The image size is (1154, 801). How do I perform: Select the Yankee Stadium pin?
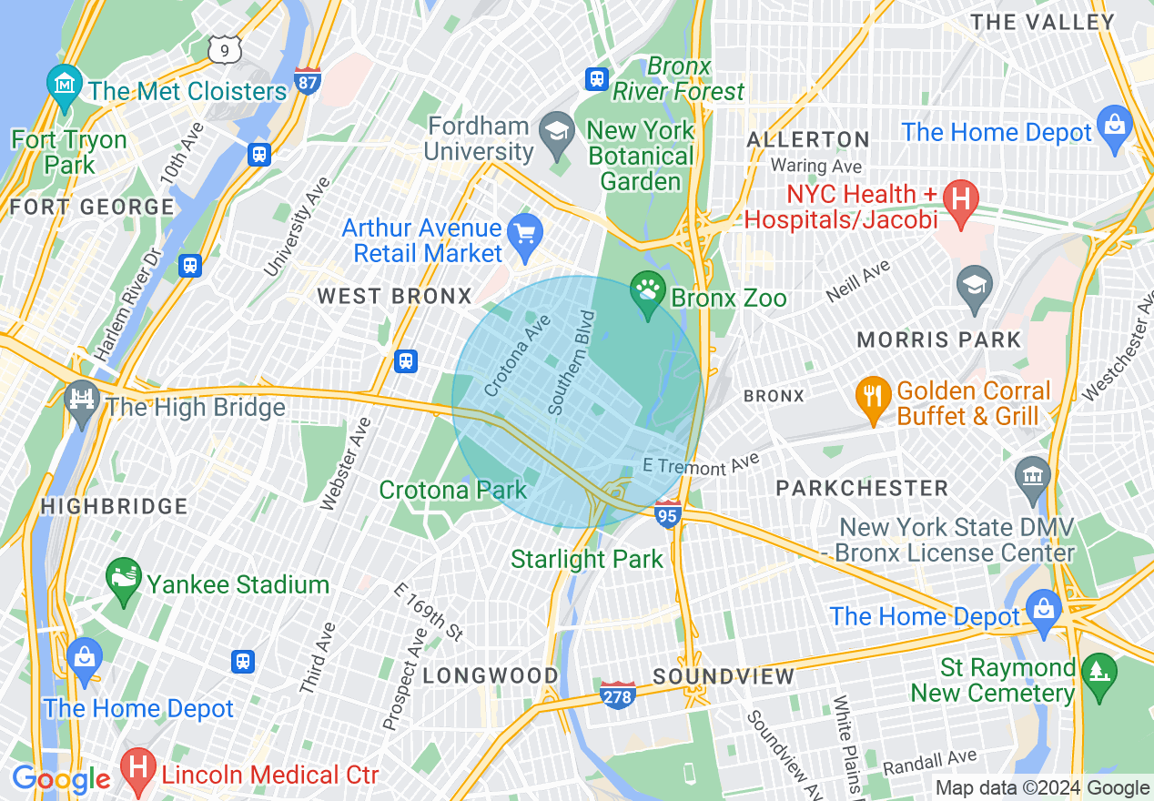click(124, 579)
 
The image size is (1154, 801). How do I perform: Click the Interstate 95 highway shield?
click(668, 515)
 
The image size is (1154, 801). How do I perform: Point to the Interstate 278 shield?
click(618, 695)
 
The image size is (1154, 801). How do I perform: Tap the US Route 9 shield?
click(224, 49)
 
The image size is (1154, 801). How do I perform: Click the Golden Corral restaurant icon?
click(873, 397)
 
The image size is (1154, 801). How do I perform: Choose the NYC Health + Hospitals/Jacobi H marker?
click(959, 198)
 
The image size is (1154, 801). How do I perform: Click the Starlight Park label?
click(587, 559)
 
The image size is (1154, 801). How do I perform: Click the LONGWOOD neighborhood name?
click(491, 675)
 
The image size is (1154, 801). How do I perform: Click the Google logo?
click(61, 779)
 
